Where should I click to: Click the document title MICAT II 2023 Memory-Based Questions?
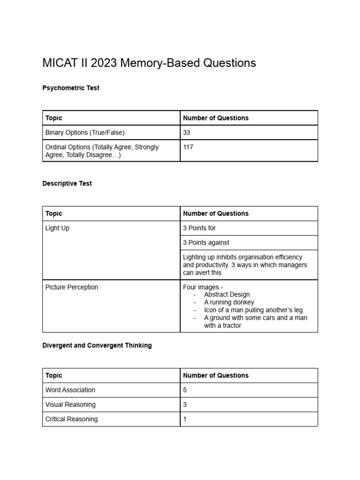[149, 63]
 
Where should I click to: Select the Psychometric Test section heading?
[71, 88]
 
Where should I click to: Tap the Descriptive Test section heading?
[67, 183]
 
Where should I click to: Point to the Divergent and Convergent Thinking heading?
[97, 345]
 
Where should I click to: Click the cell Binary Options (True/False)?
[85, 133]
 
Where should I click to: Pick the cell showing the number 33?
[187, 133]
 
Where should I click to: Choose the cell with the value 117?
[188, 147]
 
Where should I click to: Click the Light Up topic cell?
[58, 228]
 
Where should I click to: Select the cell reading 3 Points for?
[199, 228]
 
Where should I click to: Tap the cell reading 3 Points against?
[206, 243]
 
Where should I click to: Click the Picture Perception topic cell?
[72, 287]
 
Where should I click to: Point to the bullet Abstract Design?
[227, 295]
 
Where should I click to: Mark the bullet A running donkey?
[229, 302]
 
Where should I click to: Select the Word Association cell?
[70, 390]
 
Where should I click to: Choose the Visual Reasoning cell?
[70, 405]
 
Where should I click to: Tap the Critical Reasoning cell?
[72, 419]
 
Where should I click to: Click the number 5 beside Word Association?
[185, 390]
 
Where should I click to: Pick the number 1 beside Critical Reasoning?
[185, 419]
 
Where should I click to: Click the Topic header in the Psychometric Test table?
[54, 118]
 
